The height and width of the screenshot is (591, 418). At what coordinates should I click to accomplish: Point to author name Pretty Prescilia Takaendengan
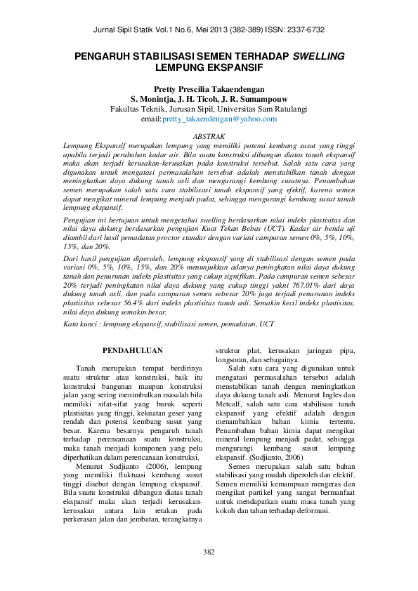209,89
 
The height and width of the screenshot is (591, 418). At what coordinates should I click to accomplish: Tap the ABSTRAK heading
209,134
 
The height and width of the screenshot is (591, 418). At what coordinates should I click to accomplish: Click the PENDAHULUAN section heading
133,350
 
